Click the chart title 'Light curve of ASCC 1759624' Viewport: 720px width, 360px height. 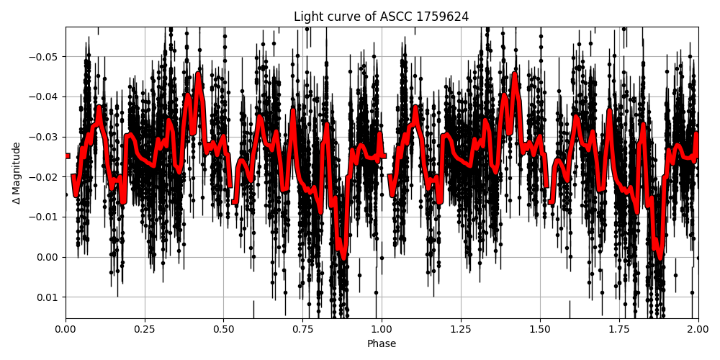tap(381, 17)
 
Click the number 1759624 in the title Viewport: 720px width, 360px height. tap(442, 17)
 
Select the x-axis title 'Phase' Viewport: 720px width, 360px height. tap(381, 344)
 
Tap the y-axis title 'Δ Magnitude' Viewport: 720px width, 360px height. tap(17, 173)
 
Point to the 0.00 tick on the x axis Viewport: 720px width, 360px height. tap(66, 330)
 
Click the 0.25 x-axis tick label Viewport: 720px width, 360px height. tap(145, 330)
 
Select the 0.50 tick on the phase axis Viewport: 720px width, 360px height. tap(224, 330)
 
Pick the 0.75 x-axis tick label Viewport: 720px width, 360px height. tap(303, 330)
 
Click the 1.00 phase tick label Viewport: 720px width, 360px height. tap(382, 330)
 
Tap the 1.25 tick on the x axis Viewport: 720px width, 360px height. tap(461, 330)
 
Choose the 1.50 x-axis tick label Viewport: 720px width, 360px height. tap(540, 330)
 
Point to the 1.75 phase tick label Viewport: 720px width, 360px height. tap(619, 330)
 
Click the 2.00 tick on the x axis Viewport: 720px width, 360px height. tap(698, 330)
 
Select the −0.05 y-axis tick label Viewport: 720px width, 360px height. tap(44, 57)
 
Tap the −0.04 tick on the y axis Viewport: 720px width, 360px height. tap(44, 97)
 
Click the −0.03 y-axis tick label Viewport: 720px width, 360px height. tap(44, 137)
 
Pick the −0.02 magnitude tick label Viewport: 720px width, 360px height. tap(44, 177)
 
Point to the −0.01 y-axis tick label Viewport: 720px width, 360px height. tap(44, 217)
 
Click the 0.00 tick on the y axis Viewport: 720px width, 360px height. tap(48, 257)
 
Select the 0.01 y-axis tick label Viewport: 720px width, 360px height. tap(48, 297)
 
